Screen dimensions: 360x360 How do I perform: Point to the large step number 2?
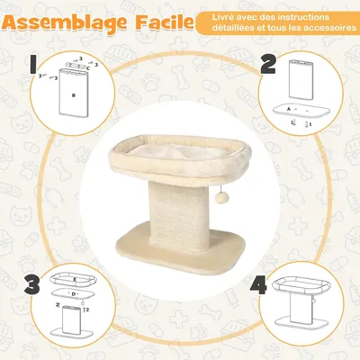(268, 65)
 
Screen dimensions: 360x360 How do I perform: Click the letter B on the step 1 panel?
(73, 93)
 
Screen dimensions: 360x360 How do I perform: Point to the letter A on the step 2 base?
(288, 109)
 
